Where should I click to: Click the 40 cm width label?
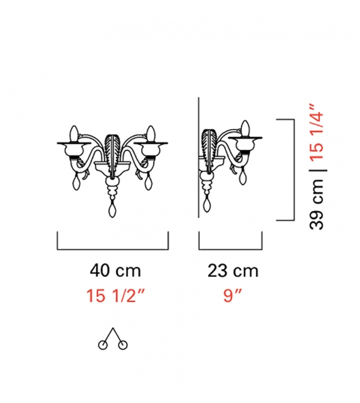pos(115,271)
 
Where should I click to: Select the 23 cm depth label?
pos(233,271)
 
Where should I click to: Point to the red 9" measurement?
pos(233,295)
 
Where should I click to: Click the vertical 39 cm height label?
pos(316,203)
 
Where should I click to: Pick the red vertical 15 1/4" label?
pos(316,133)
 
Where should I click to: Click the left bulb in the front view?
pos(74,134)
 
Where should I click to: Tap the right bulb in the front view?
pos(151,134)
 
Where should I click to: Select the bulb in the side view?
pos(246,129)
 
